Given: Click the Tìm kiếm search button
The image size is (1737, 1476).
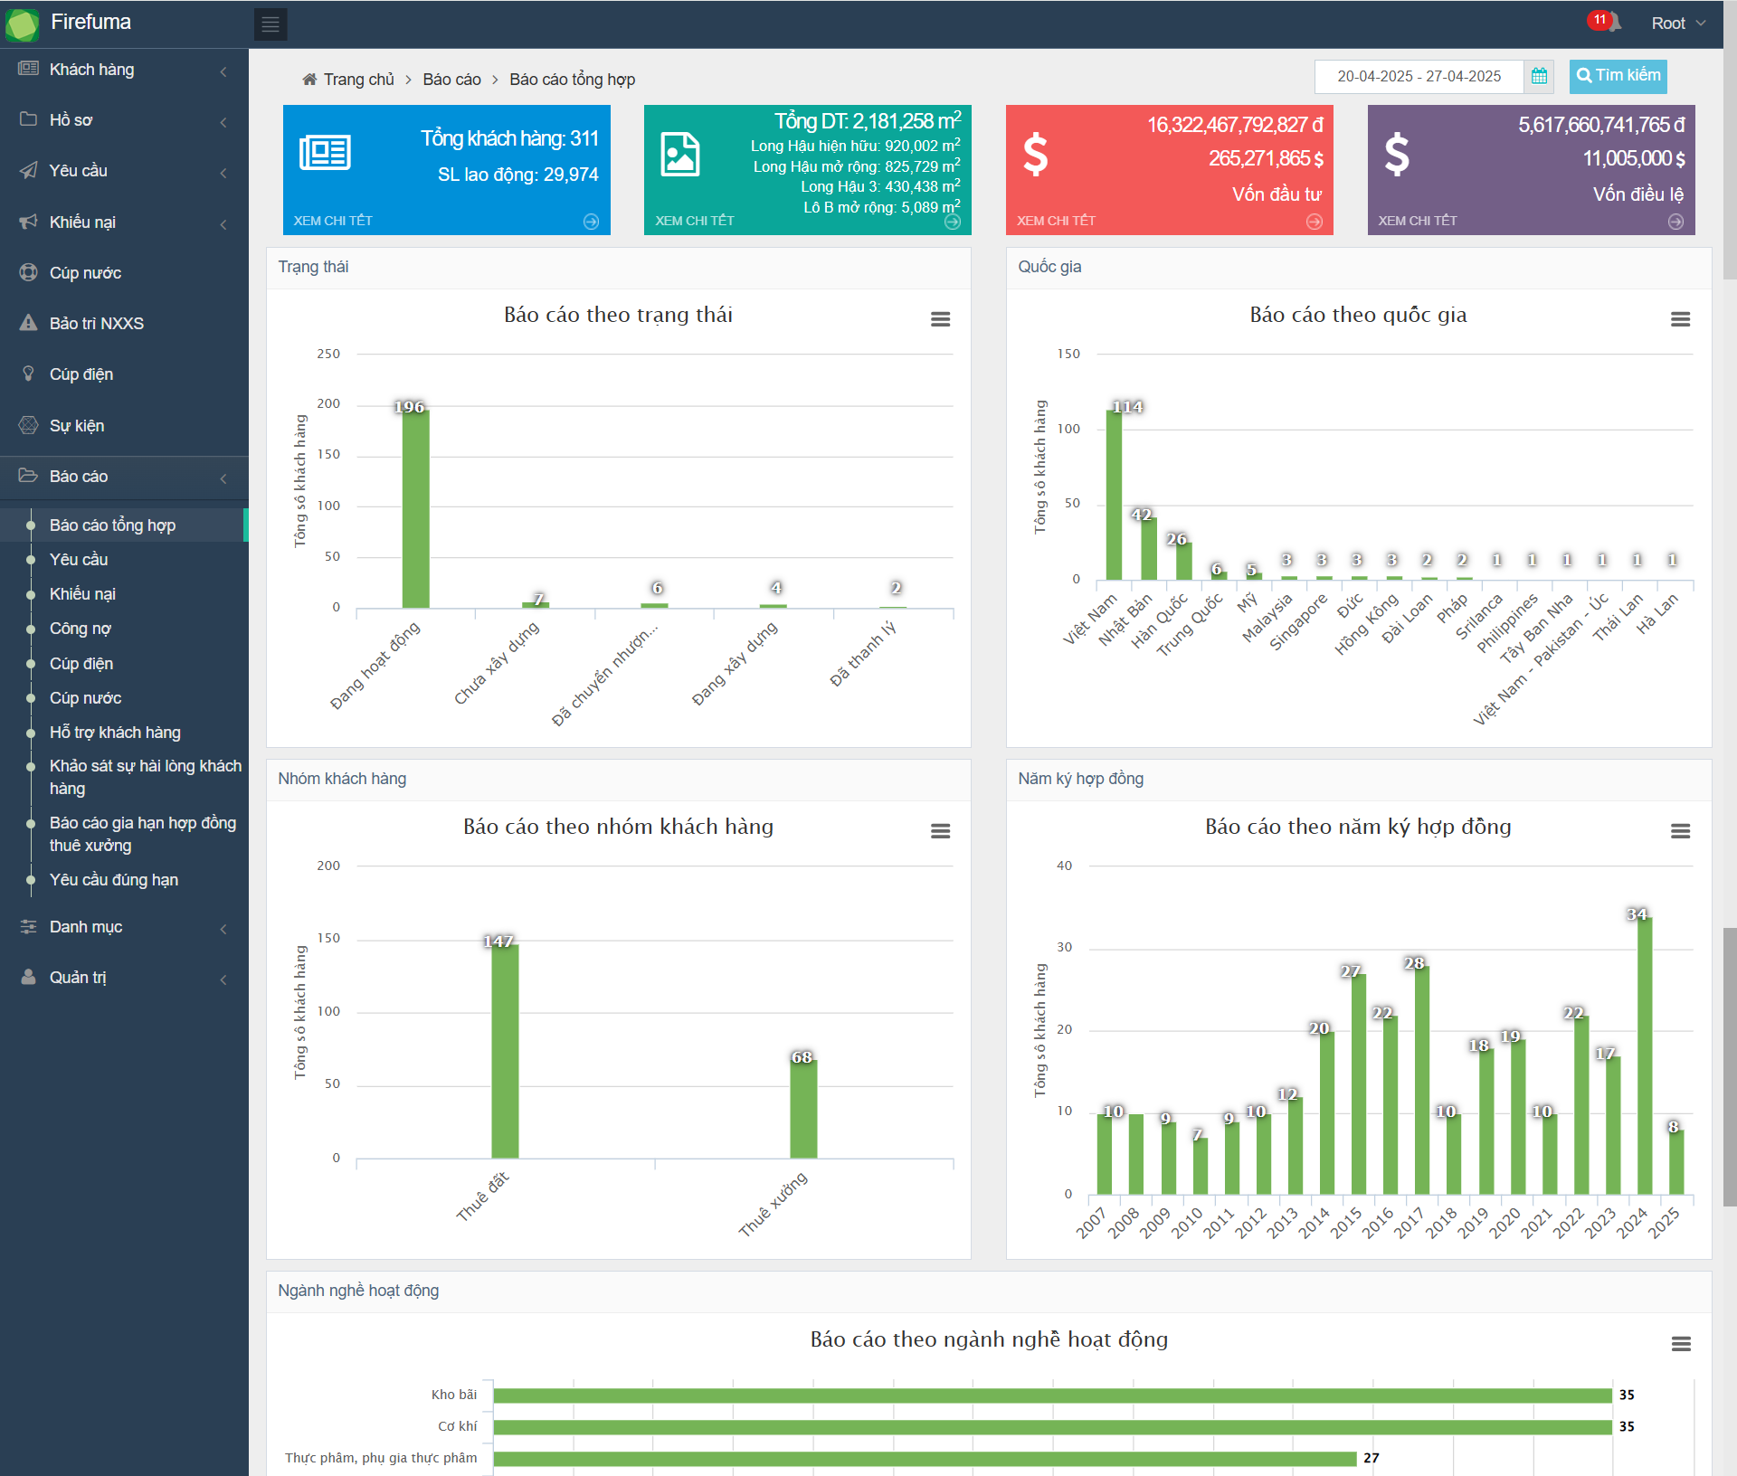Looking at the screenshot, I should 1618,76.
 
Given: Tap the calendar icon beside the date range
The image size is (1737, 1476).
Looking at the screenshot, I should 1539,77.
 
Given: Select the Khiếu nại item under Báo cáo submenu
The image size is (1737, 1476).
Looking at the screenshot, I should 82,594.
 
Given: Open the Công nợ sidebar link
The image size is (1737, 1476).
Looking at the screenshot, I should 80,629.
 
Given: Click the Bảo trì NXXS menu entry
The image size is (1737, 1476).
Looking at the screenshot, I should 96,324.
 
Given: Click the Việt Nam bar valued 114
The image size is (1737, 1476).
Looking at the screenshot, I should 1114,496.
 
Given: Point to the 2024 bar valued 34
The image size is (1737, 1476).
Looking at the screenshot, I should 1644,1055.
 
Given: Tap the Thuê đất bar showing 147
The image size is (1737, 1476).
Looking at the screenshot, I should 505,1051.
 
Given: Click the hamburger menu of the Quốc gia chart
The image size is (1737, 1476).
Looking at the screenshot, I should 1680,319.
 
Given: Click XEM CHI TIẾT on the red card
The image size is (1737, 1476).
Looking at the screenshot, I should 1056,221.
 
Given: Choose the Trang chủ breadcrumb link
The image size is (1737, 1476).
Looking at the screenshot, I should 358,80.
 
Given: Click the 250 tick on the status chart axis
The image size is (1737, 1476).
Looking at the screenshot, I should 328,354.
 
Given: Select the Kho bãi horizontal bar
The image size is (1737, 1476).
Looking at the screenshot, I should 1052,1395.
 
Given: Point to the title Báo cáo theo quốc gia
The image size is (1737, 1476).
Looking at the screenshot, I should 1358,315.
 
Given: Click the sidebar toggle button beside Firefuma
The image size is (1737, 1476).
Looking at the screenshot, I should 271,24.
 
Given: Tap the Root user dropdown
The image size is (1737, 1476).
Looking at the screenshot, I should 1677,24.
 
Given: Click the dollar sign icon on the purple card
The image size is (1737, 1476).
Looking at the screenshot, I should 1397,154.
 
